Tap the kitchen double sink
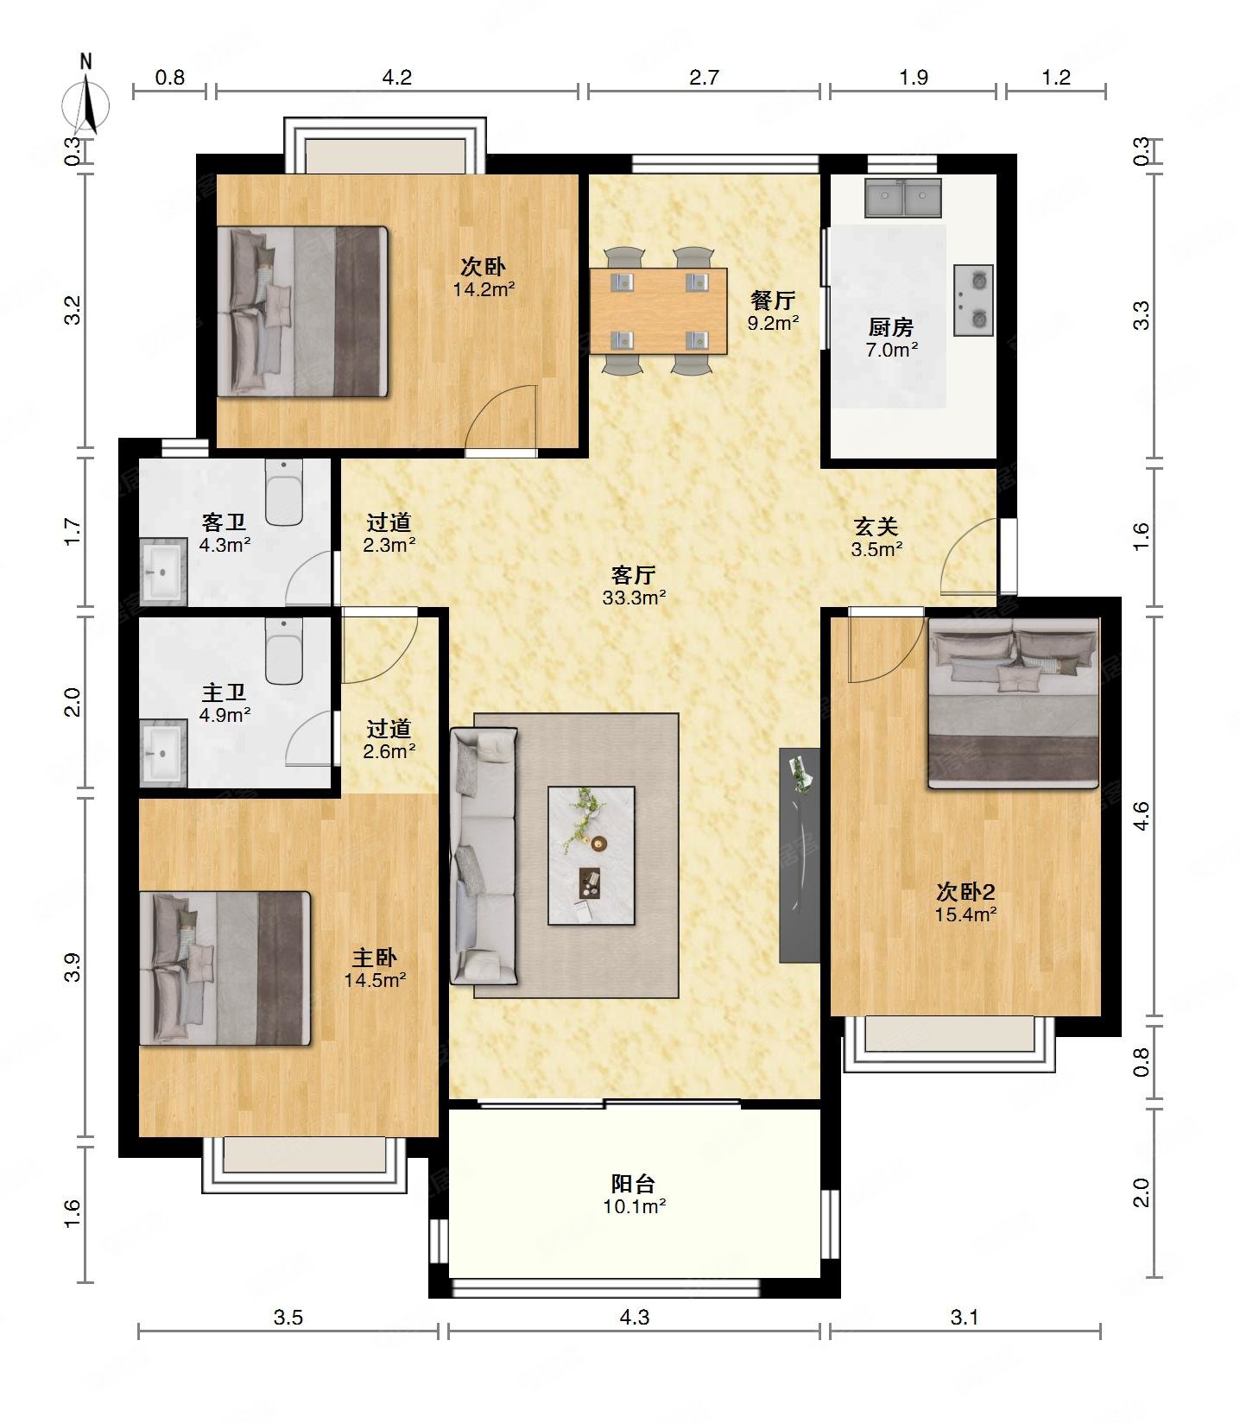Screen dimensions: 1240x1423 point(902,198)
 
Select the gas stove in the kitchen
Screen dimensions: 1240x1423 point(973,300)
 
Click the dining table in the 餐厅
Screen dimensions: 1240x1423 point(659,310)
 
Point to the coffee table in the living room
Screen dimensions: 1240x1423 point(592,855)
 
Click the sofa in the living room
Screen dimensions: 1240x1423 point(484,856)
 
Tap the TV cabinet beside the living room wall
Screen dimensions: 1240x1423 point(800,855)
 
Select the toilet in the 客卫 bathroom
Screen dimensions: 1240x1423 point(284,491)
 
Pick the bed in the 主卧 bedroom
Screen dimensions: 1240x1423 point(225,968)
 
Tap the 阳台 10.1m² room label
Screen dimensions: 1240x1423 point(634,1194)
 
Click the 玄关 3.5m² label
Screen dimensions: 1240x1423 point(876,537)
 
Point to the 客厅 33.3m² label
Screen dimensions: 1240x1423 point(634,585)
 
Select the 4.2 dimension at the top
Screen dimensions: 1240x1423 point(397,78)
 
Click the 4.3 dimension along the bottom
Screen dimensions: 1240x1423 point(634,1317)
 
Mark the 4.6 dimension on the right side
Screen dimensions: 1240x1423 point(1142,816)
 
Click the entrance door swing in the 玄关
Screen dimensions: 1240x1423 point(971,558)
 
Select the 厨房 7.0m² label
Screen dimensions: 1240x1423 point(891,338)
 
